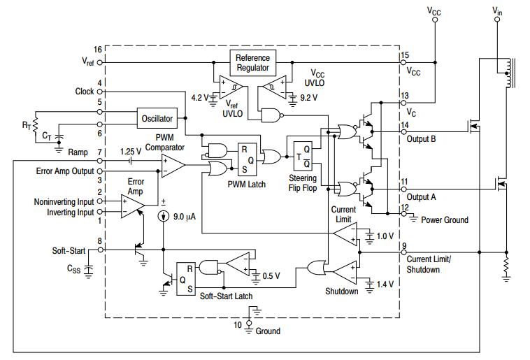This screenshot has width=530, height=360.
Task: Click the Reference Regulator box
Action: click(x=253, y=63)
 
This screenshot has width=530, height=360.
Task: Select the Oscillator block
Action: click(x=157, y=118)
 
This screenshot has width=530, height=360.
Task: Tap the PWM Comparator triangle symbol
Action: click(x=173, y=165)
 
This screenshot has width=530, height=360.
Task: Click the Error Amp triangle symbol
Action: click(x=133, y=206)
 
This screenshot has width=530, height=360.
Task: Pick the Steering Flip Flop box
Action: click(x=303, y=156)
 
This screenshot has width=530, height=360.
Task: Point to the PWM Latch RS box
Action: click(x=247, y=159)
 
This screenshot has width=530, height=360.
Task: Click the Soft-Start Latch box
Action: click(x=186, y=279)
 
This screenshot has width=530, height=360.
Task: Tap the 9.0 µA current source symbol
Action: click(x=164, y=216)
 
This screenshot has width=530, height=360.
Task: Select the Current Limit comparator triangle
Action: click(x=345, y=234)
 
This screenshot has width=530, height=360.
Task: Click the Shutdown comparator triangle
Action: click(x=345, y=272)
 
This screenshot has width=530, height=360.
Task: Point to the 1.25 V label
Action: click(x=131, y=152)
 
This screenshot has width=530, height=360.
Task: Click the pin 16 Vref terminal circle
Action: click(x=100, y=62)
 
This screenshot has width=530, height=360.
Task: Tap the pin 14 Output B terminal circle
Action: click(x=403, y=132)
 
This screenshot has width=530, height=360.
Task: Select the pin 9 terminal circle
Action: click(x=403, y=252)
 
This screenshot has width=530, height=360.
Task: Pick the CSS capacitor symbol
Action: click(x=88, y=269)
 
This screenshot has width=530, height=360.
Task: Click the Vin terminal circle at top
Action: click(x=497, y=20)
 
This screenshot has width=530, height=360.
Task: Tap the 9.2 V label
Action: click(x=308, y=98)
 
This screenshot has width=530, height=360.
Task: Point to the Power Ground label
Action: click(x=445, y=220)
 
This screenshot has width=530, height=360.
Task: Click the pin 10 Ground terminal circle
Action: click(x=249, y=324)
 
